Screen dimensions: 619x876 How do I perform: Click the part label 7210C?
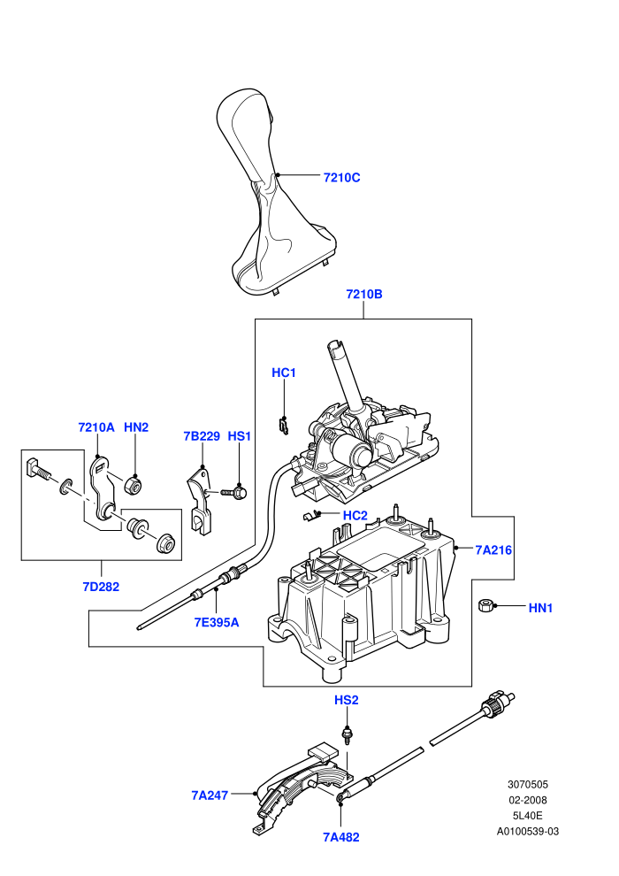click(x=341, y=178)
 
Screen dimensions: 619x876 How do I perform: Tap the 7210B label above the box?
click(x=364, y=294)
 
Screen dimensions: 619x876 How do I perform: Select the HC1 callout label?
click(x=284, y=373)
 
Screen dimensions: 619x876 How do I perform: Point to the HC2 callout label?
click(x=355, y=515)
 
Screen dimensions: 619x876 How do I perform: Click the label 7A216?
click(x=493, y=549)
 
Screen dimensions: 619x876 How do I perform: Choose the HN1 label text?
click(x=540, y=608)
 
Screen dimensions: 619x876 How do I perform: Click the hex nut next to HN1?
click(x=485, y=605)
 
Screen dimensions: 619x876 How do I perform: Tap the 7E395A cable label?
click(x=217, y=622)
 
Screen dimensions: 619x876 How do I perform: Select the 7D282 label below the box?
click(x=101, y=587)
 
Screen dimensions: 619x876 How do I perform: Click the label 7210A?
click(x=96, y=427)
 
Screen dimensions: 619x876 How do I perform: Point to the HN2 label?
click(x=136, y=427)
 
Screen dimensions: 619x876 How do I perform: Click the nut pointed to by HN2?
click(x=134, y=484)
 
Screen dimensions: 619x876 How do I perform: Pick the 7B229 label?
click(x=202, y=435)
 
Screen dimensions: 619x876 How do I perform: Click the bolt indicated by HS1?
click(x=235, y=492)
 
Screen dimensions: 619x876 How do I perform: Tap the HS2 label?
click(x=346, y=700)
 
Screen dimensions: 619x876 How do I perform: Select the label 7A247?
click(x=210, y=795)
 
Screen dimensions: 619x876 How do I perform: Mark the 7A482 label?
click(x=341, y=837)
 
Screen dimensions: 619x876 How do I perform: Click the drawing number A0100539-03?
click(x=527, y=831)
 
